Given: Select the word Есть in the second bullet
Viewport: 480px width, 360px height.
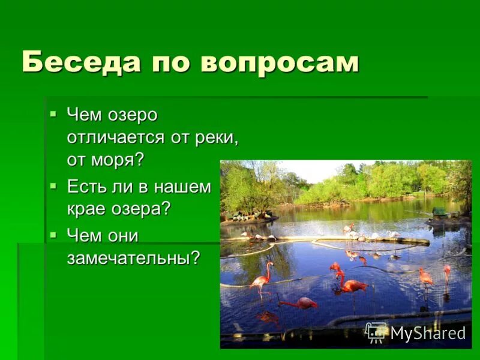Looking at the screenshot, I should click(87, 187).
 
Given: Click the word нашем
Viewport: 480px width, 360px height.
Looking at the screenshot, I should click(184, 187).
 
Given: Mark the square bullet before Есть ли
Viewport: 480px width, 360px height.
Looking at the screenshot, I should click(53, 186).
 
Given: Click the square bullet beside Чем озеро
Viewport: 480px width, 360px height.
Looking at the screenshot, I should click(53, 113).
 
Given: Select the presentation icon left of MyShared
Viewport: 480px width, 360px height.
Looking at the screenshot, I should click(376, 332).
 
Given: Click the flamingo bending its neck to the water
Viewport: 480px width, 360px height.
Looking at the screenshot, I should click(300, 302).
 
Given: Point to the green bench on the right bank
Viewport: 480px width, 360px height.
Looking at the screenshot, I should click(440, 212).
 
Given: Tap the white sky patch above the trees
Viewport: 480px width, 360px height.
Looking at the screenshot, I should click(312, 170).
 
